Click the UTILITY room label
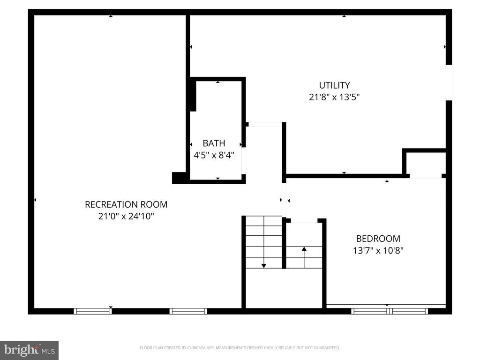coord(334,85)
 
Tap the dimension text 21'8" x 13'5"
coord(334,97)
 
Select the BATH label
coord(214,143)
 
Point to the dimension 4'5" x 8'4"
coord(214,155)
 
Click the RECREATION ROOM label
coord(126,204)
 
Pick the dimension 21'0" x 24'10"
coord(126,217)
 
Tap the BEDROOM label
coord(378,238)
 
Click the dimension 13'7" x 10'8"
coord(378,250)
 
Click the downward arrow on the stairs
coord(264,265)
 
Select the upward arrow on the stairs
coord(304,249)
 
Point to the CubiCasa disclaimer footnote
coord(240,348)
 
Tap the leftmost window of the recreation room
coord(93,311)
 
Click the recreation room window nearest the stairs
coord(188,311)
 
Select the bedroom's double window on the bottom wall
coord(389,310)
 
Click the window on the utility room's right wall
coord(449,82)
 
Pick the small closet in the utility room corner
coord(425,164)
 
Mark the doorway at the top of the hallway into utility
coord(265,124)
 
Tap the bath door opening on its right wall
coord(244,160)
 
